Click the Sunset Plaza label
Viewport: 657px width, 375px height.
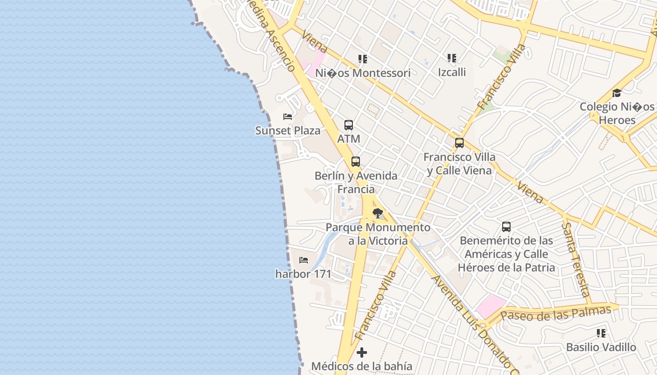(x=288, y=130)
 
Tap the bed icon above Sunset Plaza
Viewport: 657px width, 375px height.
(x=288, y=116)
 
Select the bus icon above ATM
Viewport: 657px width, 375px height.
(x=349, y=125)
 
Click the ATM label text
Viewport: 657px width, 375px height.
(x=349, y=139)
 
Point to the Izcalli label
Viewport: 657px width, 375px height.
(x=452, y=72)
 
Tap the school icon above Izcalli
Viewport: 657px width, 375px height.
(x=452, y=58)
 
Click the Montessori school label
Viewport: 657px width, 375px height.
(x=363, y=73)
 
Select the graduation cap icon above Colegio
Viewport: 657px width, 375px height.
(x=617, y=93)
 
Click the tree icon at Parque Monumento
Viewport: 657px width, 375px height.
(x=377, y=214)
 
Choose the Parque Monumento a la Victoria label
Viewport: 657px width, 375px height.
(x=378, y=234)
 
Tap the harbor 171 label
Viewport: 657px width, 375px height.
(x=303, y=274)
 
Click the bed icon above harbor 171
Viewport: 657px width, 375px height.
(x=304, y=260)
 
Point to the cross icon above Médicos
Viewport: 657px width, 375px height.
(x=362, y=352)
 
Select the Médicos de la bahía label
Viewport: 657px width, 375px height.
(x=362, y=366)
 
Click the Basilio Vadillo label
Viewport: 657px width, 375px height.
(x=601, y=347)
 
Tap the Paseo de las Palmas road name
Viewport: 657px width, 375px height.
(x=556, y=313)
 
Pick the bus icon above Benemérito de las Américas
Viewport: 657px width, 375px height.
(x=506, y=227)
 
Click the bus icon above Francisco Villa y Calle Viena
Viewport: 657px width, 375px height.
(x=459, y=143)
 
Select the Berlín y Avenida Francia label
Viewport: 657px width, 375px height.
(x=356, y=182)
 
